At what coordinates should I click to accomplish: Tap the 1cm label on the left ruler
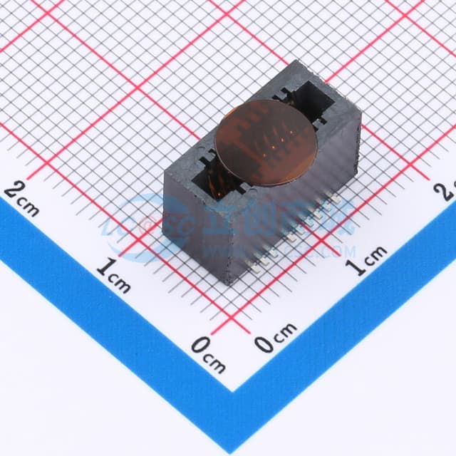point(114,275)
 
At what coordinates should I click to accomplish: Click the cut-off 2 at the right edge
point(449,191)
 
